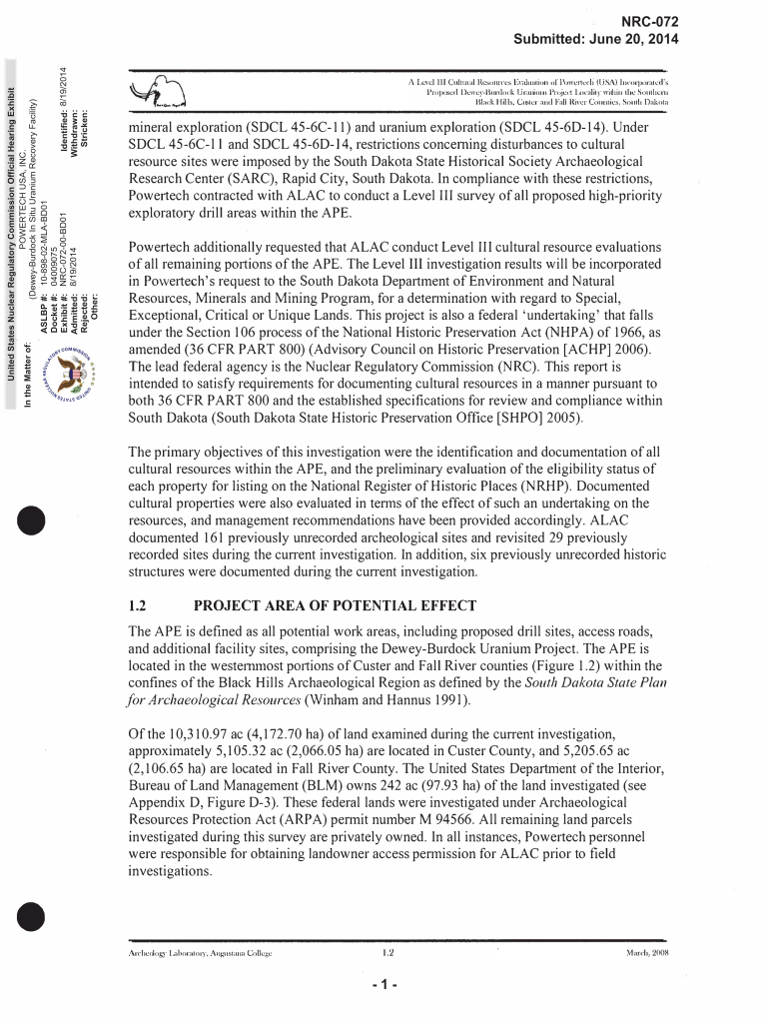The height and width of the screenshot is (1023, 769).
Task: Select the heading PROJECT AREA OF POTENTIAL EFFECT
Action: (321, 605)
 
